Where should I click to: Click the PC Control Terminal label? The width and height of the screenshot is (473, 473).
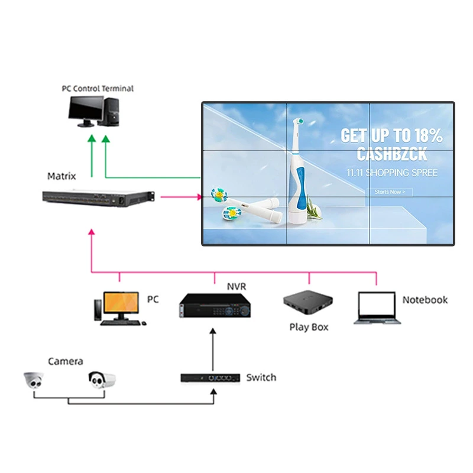tap(98, 88)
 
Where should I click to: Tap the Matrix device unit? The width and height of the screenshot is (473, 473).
tap(98, 197)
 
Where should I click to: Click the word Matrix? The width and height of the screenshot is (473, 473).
tap(61, 176)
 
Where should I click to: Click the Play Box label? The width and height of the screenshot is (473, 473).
tap(309, 327)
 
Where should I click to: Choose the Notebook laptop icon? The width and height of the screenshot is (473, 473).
tap(377, 308)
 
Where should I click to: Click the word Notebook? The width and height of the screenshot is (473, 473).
tap(425, 300)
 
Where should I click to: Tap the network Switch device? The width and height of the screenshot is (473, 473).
tap(210, 377)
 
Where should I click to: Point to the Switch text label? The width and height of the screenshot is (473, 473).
tap(261, 377)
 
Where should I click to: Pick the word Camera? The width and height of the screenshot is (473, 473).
tap(66, 361)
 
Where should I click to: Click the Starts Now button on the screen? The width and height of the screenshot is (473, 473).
tap(390, 192)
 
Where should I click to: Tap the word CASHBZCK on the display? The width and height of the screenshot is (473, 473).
tap(391, 154)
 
